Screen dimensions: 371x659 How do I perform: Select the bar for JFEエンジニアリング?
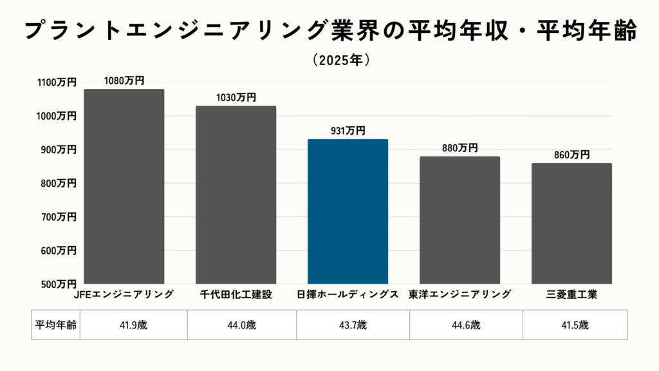(x=124, y=187)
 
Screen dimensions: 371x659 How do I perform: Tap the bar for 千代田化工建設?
(x=236, y=195)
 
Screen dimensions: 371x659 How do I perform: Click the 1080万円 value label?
(x=124, y=81)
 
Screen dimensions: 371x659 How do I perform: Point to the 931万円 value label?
(x=348, y=131)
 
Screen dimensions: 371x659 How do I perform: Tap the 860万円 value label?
(x=571, y=155)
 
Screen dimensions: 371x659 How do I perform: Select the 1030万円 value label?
(x=236, y=98)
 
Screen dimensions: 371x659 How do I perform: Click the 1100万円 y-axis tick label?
(x=57, y=82)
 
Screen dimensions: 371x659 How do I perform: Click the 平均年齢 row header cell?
(x=55, y=325)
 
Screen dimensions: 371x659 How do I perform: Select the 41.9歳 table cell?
(x=133, y=325)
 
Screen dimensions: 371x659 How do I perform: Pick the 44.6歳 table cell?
(x=467, y=325)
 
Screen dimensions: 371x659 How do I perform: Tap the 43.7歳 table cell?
(x=353, y=325)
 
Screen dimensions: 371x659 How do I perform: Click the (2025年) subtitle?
(x=340, y=60)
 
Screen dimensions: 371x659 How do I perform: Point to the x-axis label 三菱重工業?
(x=571, y=295)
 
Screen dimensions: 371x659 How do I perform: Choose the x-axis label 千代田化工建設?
(x=236, y=295)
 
